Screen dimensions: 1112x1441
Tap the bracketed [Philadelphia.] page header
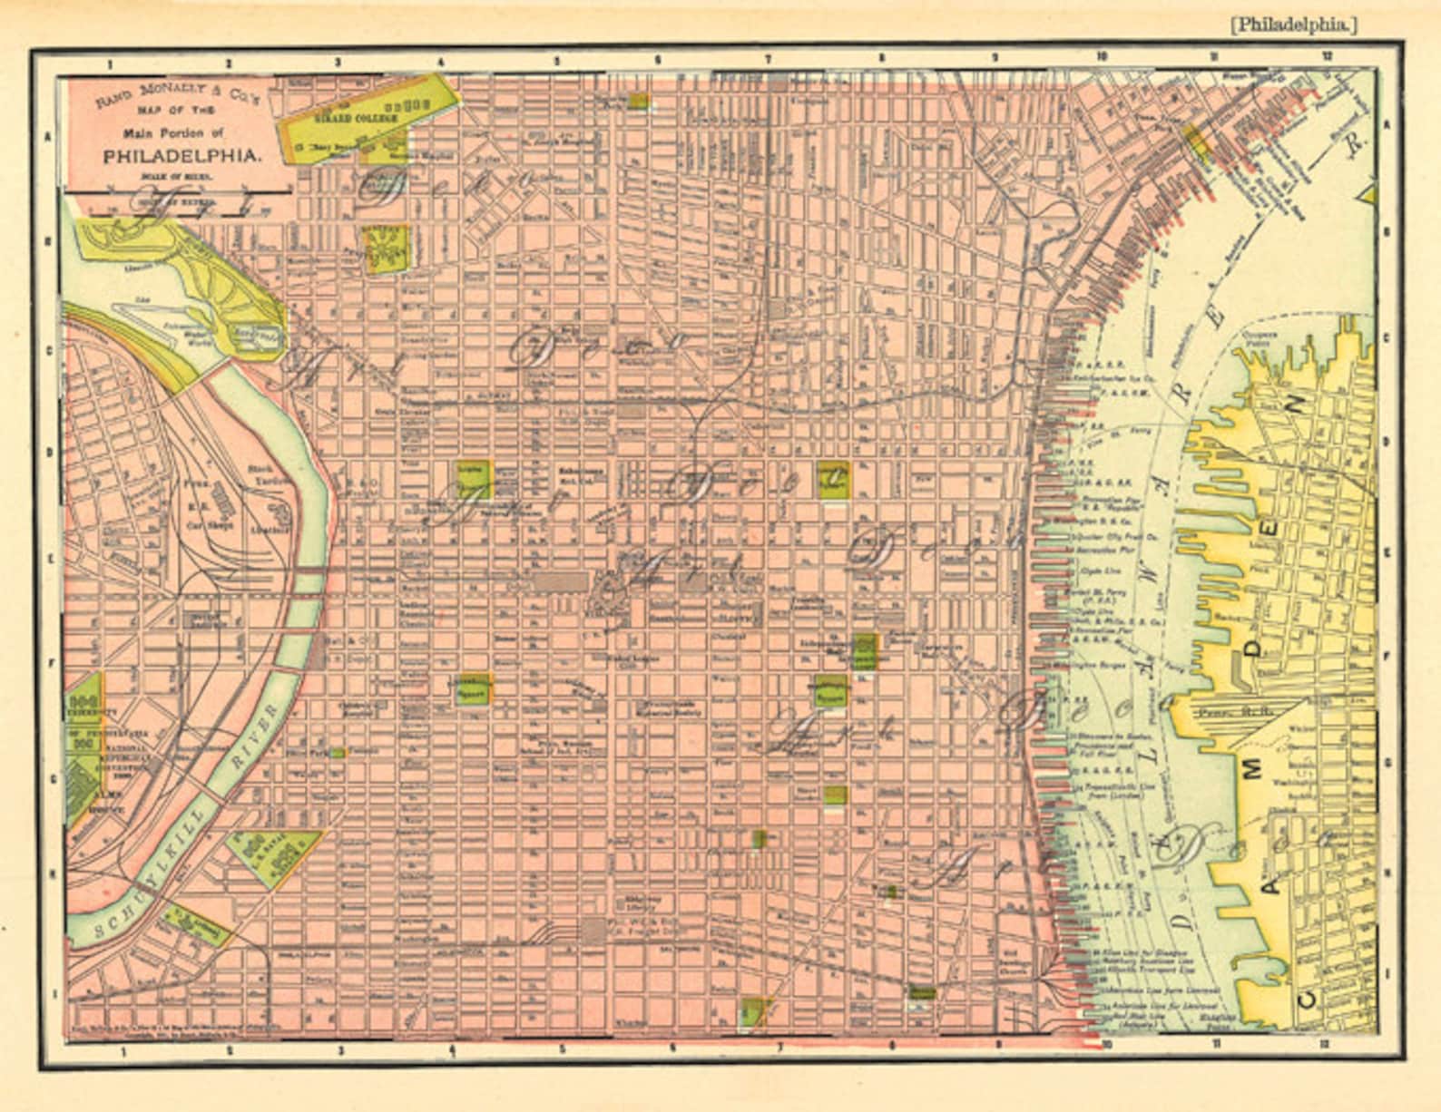coord(1293,24)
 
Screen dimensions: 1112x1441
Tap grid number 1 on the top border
coord(109,63)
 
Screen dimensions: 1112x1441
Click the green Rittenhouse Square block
coord(473,688)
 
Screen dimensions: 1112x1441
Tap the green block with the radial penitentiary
coord(387,248)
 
